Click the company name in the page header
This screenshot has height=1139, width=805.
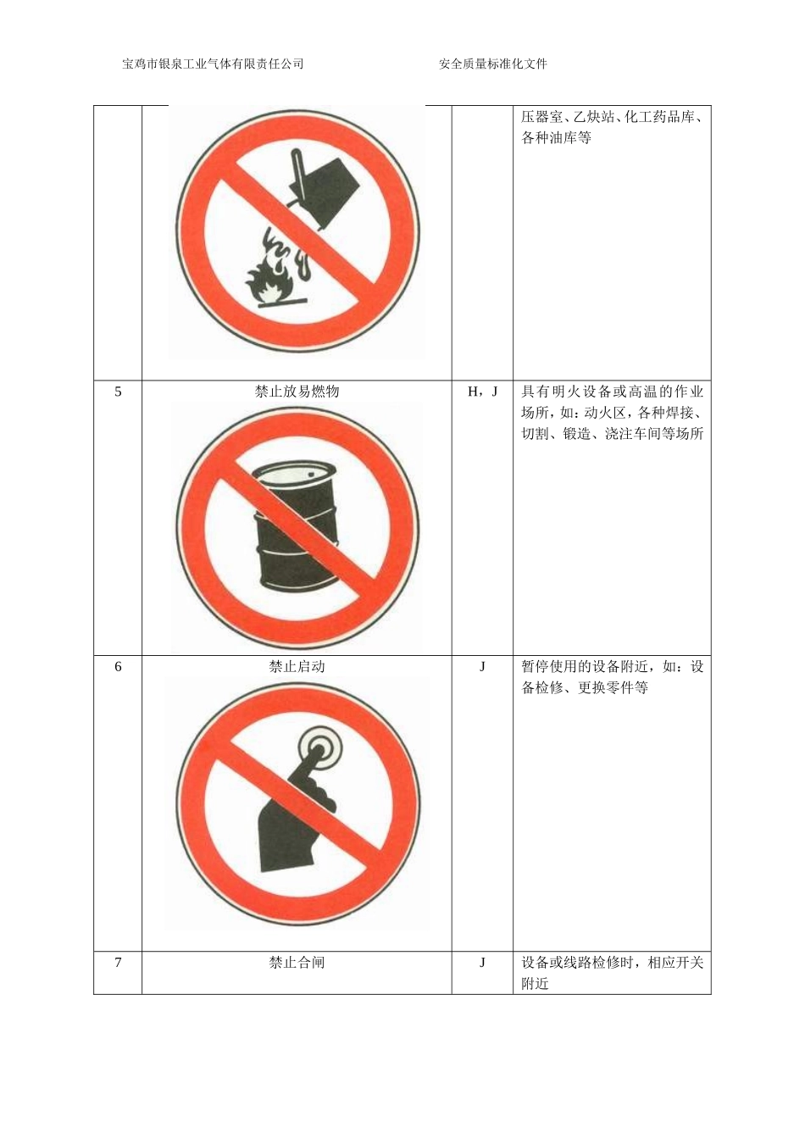[213, 64]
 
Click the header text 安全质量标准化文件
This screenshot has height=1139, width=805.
[493, 64]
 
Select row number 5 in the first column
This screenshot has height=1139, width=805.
[118, 392]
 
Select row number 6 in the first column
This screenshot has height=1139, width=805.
[118, 667]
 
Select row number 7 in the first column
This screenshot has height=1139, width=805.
[118, 963]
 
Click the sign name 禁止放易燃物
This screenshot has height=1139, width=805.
[297, 392]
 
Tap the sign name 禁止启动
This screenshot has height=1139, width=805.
[297, 667]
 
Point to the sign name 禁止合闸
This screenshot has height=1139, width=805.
[297, 963]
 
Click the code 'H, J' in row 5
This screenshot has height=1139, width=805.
[482, 392]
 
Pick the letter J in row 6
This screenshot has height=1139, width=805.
[482, 667]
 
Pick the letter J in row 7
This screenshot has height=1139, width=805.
[482, 963]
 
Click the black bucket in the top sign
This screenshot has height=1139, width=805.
[326, 188]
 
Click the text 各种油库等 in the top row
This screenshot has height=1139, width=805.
[556, 138]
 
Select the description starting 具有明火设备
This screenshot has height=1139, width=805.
[612, 413]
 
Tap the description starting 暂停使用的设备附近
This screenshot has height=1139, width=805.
[612, 677]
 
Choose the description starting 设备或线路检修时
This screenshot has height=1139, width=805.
[612, 973]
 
